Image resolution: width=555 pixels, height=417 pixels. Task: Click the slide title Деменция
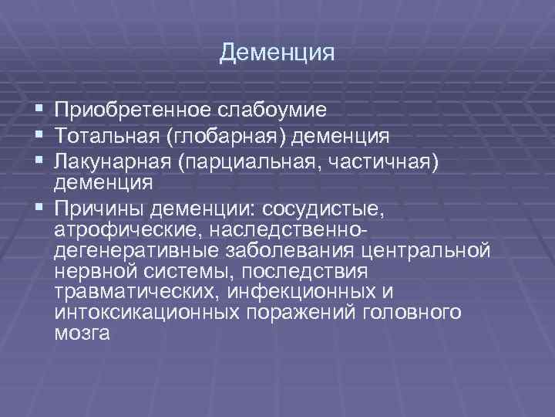coord(277,53)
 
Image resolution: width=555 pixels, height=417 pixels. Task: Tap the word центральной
coord(427,251)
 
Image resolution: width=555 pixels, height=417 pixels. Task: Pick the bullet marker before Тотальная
coord(39,137)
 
